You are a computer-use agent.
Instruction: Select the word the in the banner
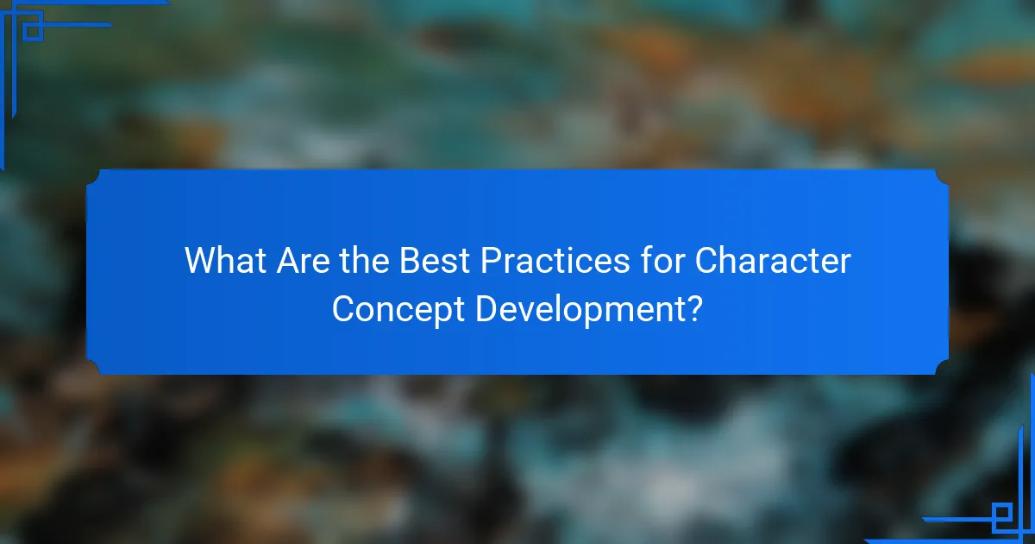pyautogui.click(x=363, y=262)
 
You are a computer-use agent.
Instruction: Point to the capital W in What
pyautogui.click(x=201, y=262)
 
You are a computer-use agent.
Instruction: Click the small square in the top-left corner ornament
pyautogui.click(x=32, y=31)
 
